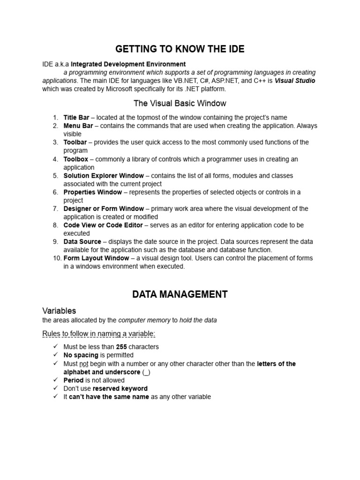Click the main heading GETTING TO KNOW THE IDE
click(180, 49)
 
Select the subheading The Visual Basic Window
click(180, 103)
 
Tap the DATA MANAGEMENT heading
click(180, 294)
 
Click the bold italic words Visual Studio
click(295, 81)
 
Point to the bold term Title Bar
click(76, 117)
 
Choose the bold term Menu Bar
click(78, 126)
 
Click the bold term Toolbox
click(75, 159)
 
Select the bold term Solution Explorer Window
click(104, 176)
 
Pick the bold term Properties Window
click(91, 192)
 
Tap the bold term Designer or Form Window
click(104, 209)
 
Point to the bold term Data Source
click(82, 242)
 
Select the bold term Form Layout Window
click(96, 258)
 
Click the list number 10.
click(55, 258)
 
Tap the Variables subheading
click(59, 311)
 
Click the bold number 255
click(122, 347)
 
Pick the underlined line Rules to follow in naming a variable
click(99, 333)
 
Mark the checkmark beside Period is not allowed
click(55, 380)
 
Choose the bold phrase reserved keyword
click(120, 389)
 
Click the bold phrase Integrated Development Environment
click(128, 64)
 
